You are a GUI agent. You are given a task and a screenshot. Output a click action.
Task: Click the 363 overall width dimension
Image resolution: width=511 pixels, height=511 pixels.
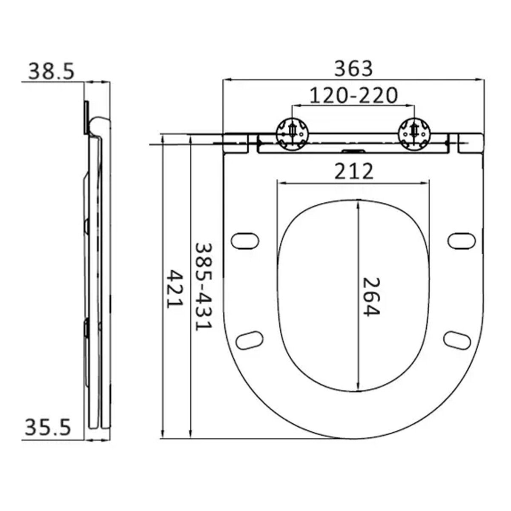tap(353, 69)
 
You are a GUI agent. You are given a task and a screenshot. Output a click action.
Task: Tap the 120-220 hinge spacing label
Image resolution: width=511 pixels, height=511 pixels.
tap(354, 95)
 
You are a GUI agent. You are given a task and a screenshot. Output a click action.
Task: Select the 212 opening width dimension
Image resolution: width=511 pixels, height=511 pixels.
tap(354, 171)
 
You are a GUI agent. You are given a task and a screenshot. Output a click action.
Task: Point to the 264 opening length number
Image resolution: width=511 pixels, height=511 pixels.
tap(371, 297)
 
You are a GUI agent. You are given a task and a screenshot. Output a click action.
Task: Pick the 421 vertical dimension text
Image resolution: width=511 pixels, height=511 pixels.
tap(175, 289)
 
